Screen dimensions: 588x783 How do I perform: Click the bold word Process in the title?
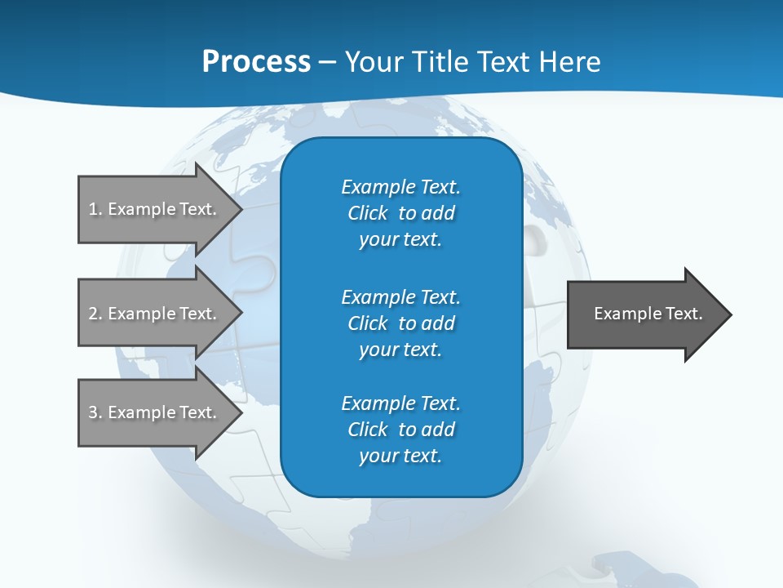256,62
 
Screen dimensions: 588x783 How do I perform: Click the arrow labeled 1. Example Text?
155,209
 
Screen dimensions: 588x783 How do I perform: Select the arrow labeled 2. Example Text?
155,314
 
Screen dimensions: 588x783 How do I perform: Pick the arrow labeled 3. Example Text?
155,412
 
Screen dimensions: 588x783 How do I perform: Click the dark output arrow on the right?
644,314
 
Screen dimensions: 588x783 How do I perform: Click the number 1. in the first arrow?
95,209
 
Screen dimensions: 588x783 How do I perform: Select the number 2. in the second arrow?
95,314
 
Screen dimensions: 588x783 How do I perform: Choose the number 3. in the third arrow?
95,412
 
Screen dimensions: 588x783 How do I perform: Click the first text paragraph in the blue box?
400,213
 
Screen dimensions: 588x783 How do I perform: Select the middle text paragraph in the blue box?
400,323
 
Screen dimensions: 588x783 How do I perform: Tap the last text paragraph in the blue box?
400,430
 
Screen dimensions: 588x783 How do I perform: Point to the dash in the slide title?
327,62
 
